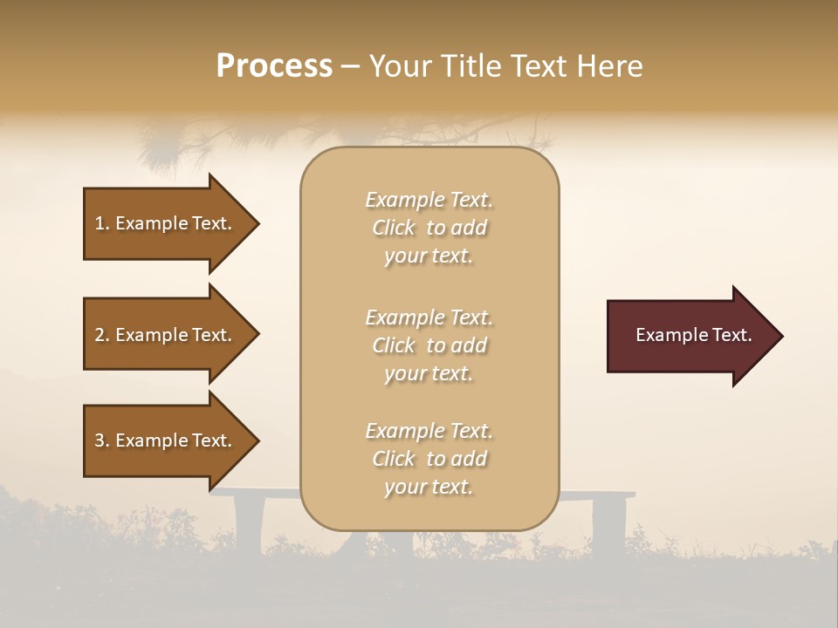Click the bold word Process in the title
(x=274, y=66)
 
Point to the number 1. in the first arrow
(x=102, y=223)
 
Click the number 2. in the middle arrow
(x=102, y=335)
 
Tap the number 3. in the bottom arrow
(x=102, y=440)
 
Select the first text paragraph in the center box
(x=429, y=228)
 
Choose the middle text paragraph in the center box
(x=429, y=345)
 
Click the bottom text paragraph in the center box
(x=429, y=459)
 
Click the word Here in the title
(x=609, y=66)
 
